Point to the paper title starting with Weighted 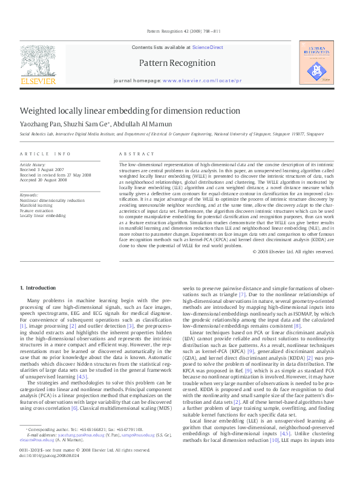(122, 111)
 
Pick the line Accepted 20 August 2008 (44, 180)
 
